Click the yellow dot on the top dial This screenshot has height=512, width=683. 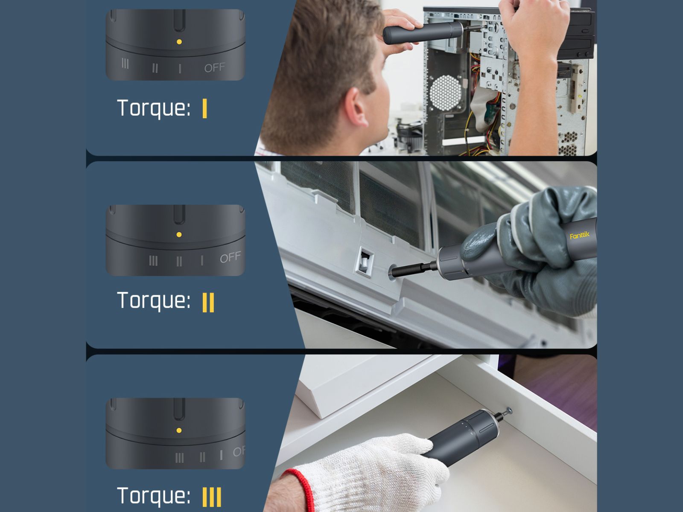(179, 42)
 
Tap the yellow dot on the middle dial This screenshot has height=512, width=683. (179, 235)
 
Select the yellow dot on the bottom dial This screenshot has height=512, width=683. (179, 431)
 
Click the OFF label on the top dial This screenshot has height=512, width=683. (215, 67)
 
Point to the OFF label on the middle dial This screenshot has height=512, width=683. (230, 257)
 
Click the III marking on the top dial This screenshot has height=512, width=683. (125, 64)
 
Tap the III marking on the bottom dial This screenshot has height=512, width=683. (180, 457)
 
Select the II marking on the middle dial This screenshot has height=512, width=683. (179, 262)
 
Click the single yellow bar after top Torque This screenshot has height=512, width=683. (204, 108)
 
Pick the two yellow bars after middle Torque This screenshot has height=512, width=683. (208, 302)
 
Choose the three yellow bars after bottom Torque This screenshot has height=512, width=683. (212, 497)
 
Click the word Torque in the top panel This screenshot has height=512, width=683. (154, 108)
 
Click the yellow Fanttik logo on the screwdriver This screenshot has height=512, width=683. (579, 236)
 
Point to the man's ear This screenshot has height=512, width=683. (357, 107)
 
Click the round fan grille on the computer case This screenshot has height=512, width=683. (446, 93)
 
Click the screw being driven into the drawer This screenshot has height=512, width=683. (508, 411)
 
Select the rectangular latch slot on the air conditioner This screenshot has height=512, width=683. (365, 261)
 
